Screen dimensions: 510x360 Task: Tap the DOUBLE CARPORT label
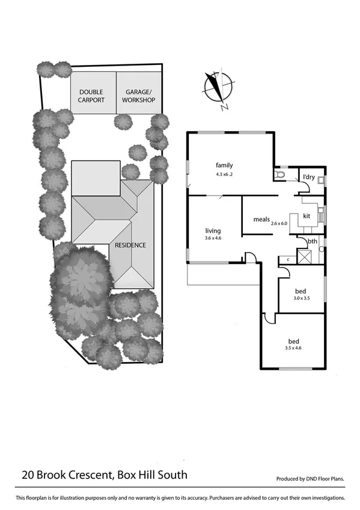(x=92, y=96)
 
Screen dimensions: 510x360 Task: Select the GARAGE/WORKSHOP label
(x=139, y=96)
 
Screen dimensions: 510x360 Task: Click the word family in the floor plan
(x=224, y=165)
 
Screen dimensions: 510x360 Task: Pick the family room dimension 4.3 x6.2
(x=224, y=174)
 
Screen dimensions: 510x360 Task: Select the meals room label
(x=261, y=219)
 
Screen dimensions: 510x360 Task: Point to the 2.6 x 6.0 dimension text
(x=279, y=223)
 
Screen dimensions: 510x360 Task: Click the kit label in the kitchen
(x=306, y=215)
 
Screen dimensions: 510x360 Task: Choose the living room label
(x=213, y=230)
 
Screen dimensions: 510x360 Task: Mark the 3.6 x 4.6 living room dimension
(x=213, y=239)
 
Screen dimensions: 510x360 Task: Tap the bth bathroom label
(x=312, y=242)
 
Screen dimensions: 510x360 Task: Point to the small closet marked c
(x=287, y=259)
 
